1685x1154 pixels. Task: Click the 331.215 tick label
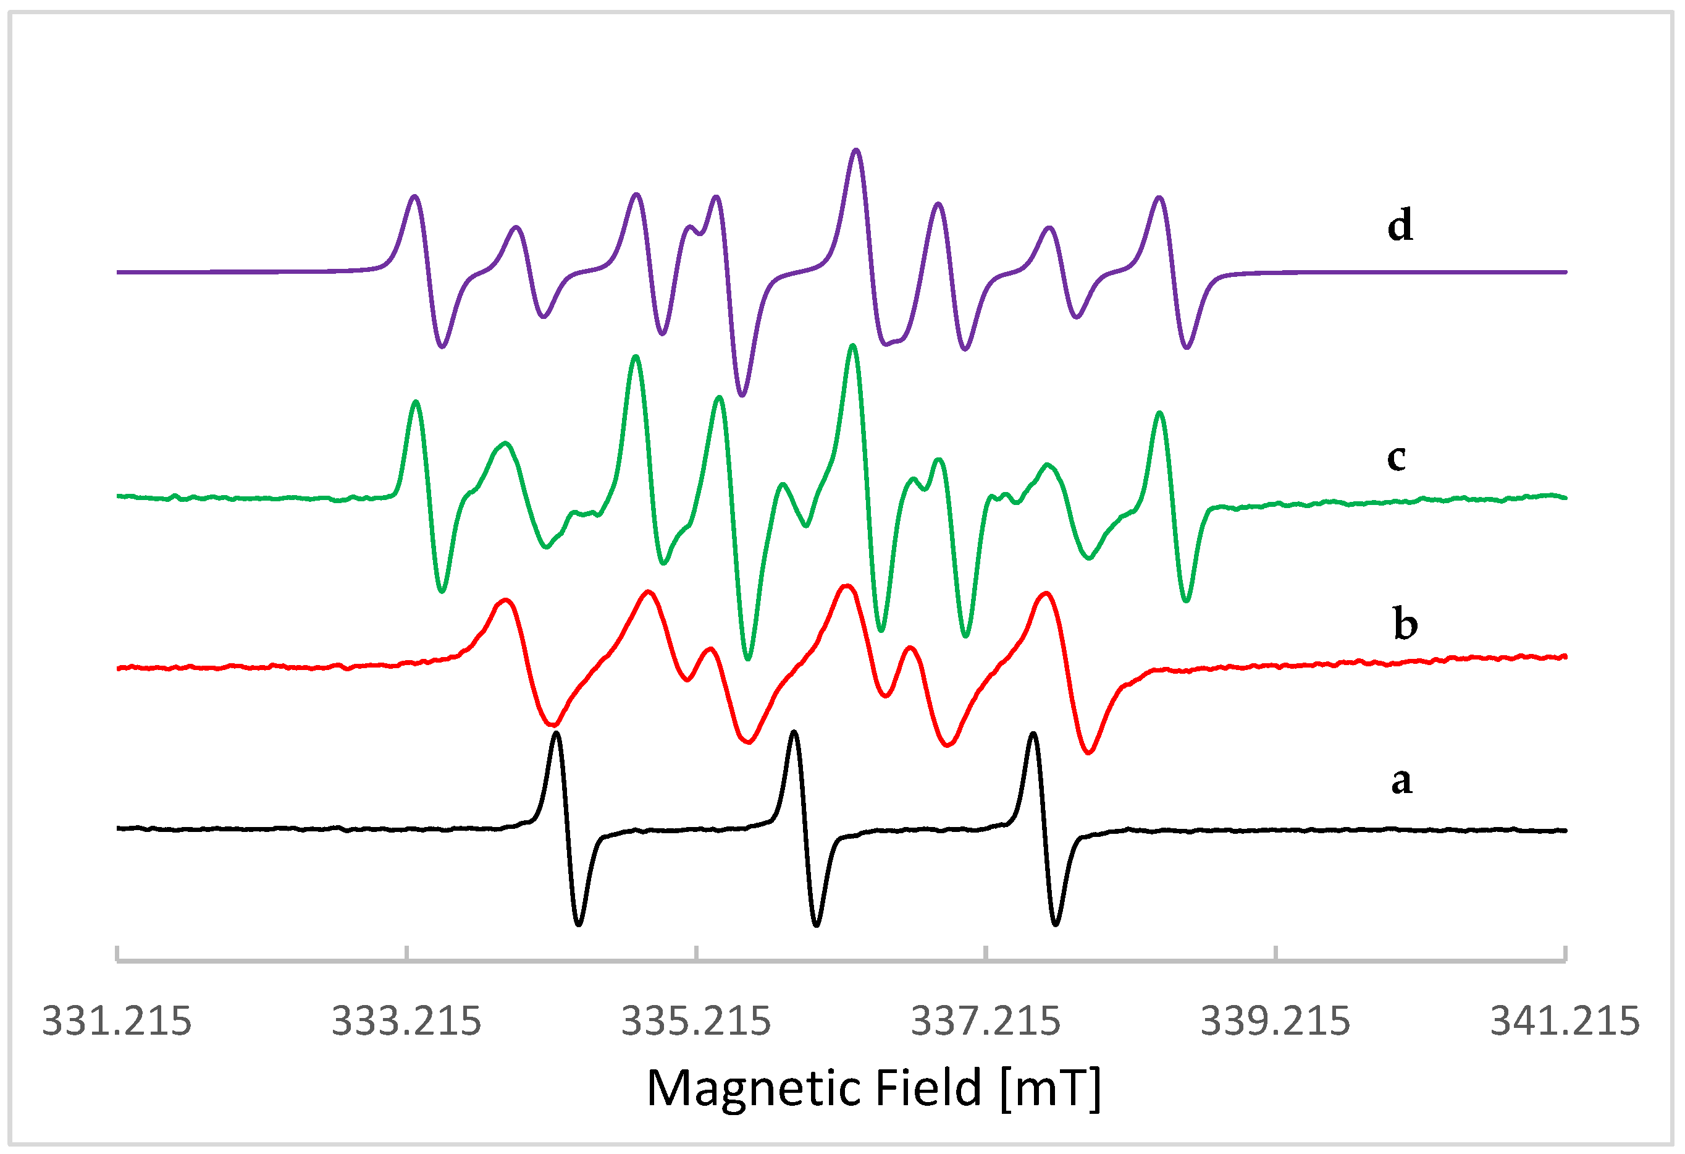tap(117, 1022)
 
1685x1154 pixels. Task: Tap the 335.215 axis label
tap(696, 1022)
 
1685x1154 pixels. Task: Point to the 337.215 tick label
tap(986, 1022)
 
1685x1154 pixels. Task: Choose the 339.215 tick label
tap(1275, 1022)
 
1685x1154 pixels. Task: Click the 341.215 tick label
tap(1565, 1022)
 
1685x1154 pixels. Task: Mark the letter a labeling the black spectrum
tap(1401, 781)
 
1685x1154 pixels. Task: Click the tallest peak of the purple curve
tap(856, 150)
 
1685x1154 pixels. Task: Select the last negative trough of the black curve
tap(1056, 924)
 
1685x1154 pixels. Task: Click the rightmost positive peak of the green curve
tap(1160, 413)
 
